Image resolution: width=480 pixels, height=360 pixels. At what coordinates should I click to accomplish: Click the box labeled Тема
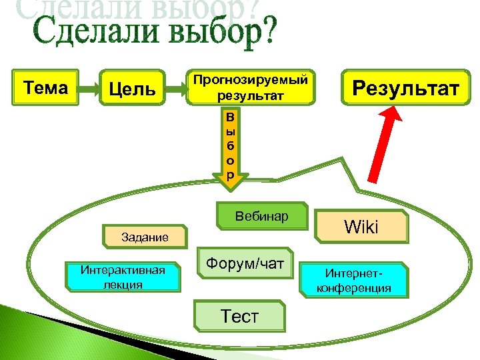tap(45, 87)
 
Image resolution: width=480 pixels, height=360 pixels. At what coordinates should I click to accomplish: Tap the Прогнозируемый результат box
tap(251, 88)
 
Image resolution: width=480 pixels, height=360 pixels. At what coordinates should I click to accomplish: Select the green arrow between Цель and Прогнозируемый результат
tap(176, 87)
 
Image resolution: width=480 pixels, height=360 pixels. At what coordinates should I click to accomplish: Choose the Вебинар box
tap(262, 217)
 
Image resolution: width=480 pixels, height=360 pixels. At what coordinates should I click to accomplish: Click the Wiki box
tap(361, 227)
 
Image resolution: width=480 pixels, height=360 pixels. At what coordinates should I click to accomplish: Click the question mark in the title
tap(265, 32)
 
